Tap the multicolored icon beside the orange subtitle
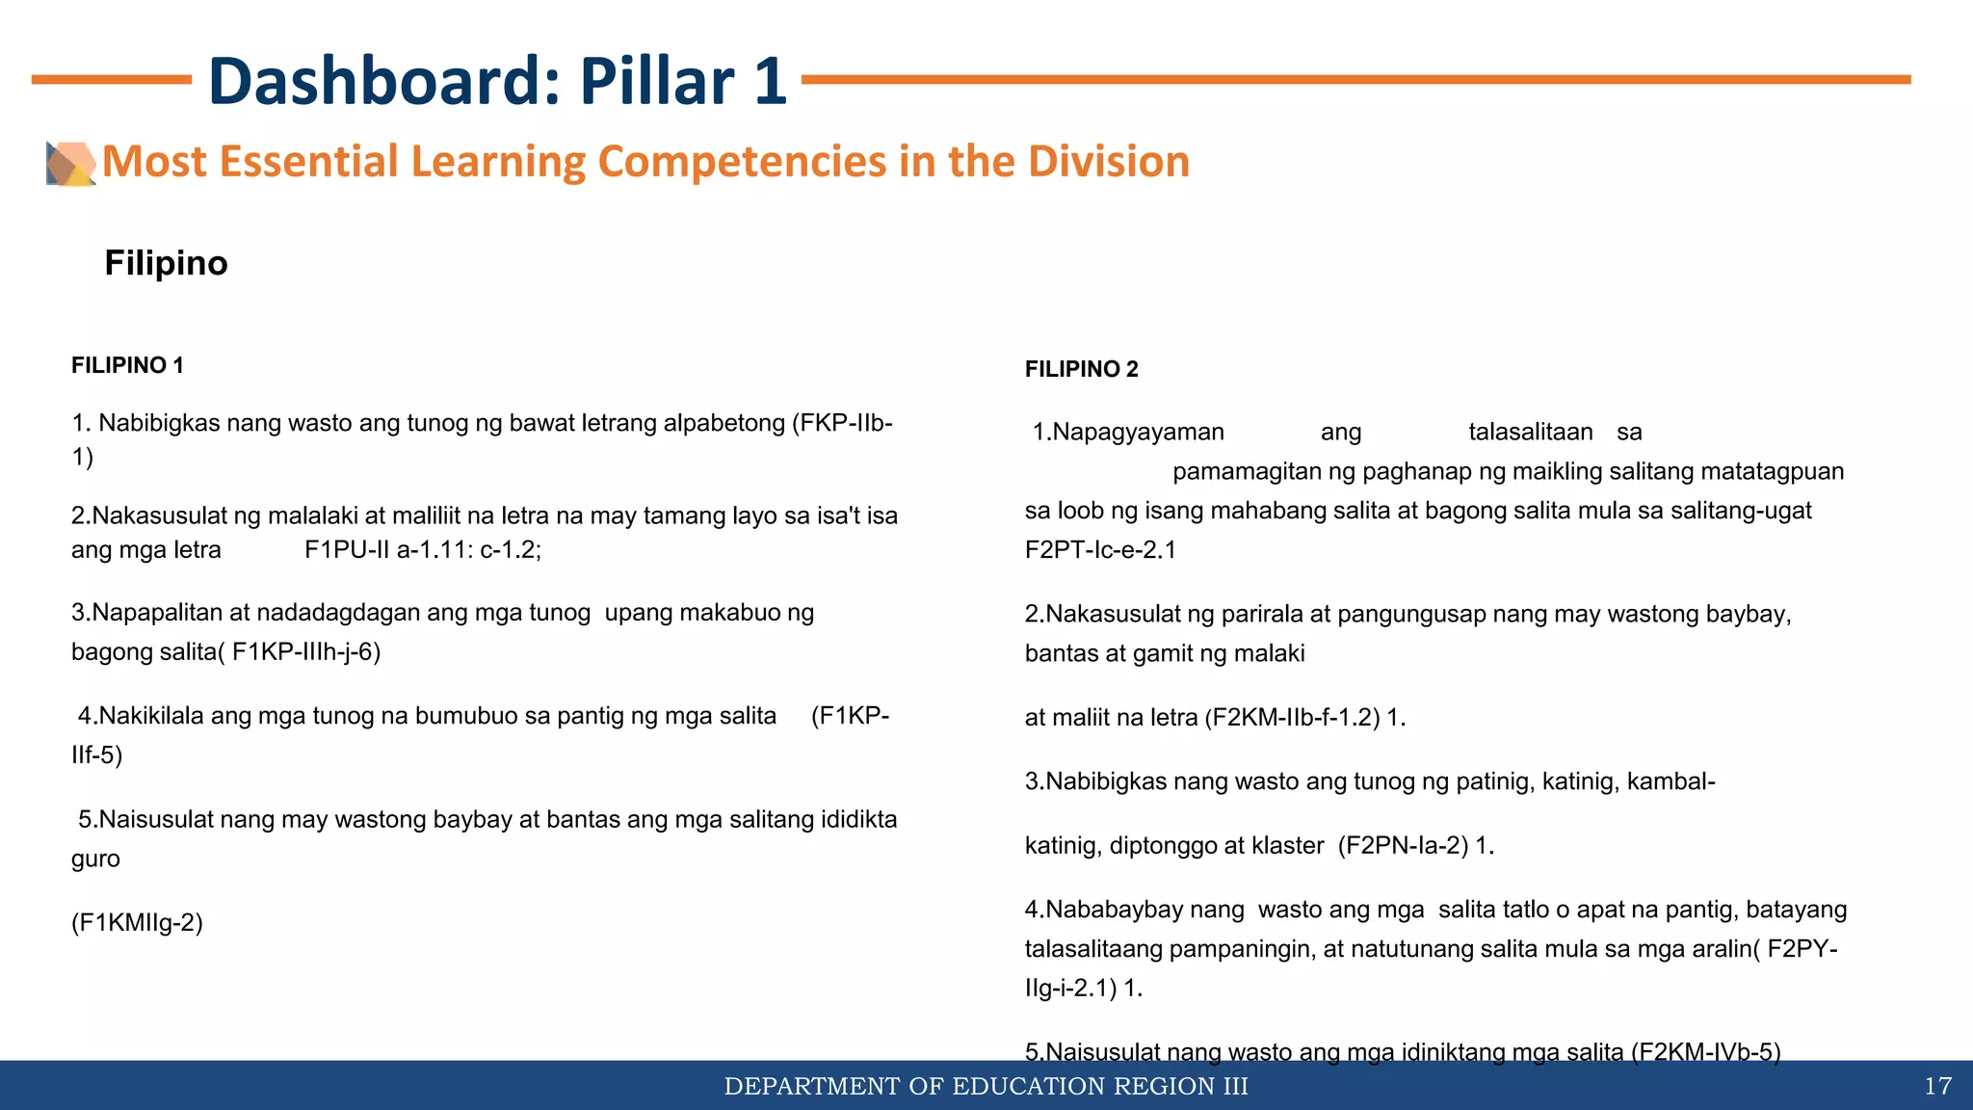point(70,164)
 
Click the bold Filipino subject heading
point(166,263)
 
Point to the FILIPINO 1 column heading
point(127,365)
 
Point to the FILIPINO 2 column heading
point(1081,369)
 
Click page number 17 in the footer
point(1937,1087)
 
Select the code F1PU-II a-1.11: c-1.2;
point(423,550)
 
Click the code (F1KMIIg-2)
point(137,923)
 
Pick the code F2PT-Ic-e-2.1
point(1100,550)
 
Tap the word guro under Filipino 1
point(95,859)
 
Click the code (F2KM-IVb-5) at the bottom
point(1705,1051)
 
